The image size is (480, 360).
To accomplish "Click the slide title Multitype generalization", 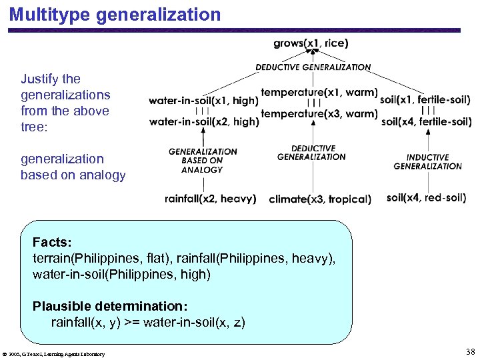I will (115, 14).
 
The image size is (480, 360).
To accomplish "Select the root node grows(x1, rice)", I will (311, 44).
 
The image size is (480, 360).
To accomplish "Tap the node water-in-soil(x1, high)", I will (203, 100).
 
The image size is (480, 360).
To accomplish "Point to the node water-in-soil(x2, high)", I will (203, 121).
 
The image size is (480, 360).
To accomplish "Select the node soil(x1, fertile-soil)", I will (425, 100).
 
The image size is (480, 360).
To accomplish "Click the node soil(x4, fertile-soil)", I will (427, 121).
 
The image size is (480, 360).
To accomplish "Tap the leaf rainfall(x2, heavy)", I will (210, 198).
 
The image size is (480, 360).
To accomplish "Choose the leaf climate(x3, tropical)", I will (320, 199).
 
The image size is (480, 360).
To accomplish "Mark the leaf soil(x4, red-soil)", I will (426, 197).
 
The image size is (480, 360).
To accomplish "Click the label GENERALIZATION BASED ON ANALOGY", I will (202, 161).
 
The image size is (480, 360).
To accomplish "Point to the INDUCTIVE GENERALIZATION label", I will (427, 162).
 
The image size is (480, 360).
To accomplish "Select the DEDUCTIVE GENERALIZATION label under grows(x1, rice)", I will (313, 67).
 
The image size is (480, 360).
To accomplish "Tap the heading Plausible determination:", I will (110, 306).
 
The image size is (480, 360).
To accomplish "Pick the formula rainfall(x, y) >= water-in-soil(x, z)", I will (148, 323).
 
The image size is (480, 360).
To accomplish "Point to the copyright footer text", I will (55, 354).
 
